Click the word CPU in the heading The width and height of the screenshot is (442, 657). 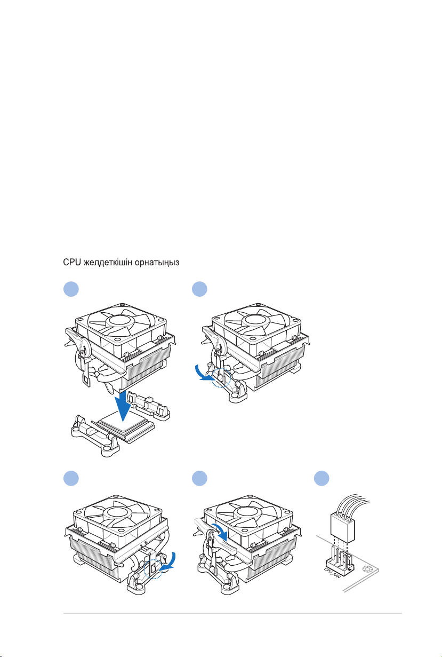[x=71, y=263]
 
